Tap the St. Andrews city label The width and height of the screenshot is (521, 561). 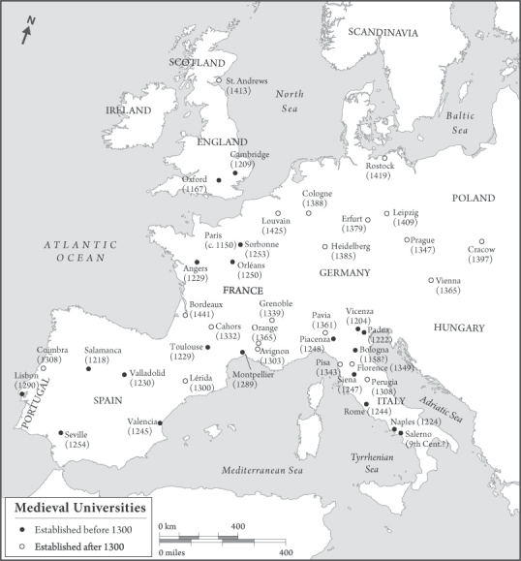point(246,80)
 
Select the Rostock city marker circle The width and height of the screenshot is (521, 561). point(383,158)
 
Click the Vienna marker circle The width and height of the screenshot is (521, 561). point(432,281)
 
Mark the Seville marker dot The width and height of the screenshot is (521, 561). point(60,433)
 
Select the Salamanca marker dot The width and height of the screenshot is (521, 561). point(88,368)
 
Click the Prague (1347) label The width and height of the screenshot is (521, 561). point(421,244)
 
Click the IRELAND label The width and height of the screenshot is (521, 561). point(129,110)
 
